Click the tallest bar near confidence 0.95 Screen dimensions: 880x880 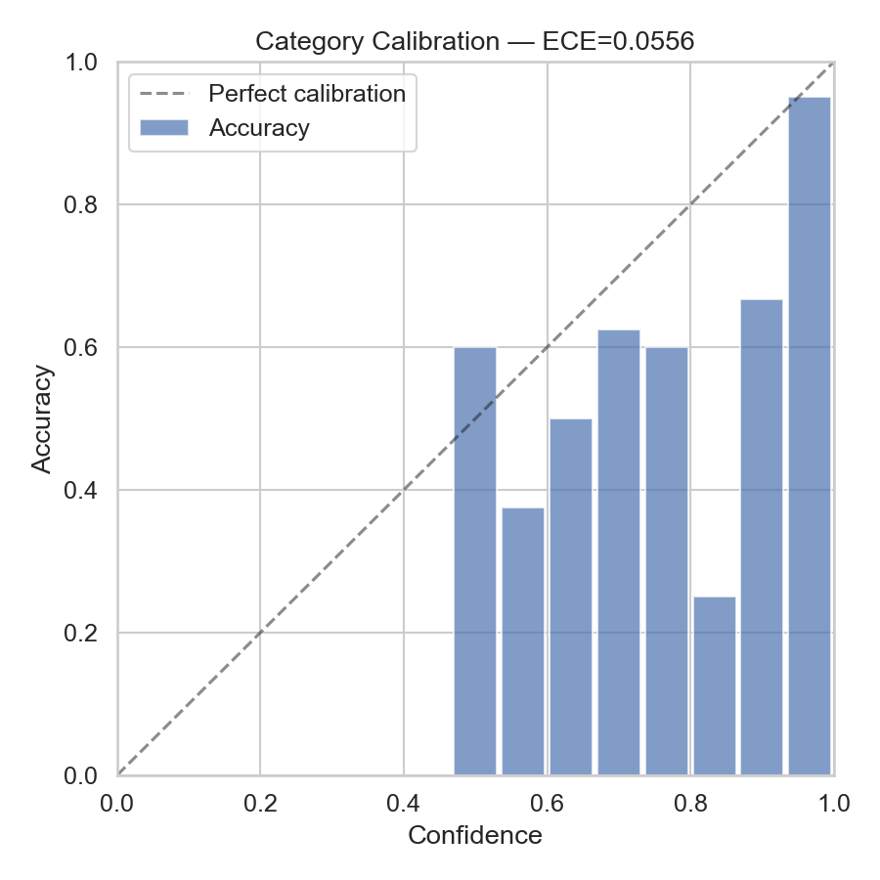pyautogui.click(x=810, y=435)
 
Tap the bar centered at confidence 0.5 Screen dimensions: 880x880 pyautogui.click(x=475, y=560)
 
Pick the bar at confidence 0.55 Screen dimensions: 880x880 pyautogui.click(x=523, y=640)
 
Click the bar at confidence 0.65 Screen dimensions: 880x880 pyautogui.click(x=571, y=596)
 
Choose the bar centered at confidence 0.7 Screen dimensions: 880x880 pyautogui.click(x=619, y=551)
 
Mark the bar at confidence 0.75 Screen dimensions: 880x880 pyautogui.click(x=667, y=560)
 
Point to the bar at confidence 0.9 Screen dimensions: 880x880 pyautogui.click(x=762, y=537)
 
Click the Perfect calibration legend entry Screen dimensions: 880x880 pyautogui.click(x=307, y=94)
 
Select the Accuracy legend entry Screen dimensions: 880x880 pyautogui.click(x=259, y=128)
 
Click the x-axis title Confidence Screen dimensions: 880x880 pyautogui.click(x=475, y=836)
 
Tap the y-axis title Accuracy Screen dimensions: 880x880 pyautogui.click(x=41, y=418)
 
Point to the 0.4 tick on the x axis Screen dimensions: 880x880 pyautogui.click(x=404, y=804)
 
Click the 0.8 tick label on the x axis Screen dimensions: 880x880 pyautogui.click(x=690, y=804)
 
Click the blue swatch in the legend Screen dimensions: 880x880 pyautogui.click(x=163, y=128)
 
